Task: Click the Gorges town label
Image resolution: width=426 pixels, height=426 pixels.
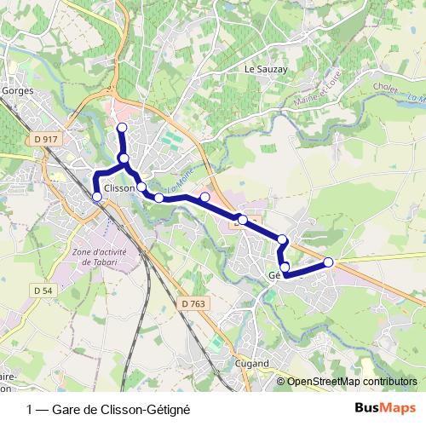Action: click(x=17, y=88)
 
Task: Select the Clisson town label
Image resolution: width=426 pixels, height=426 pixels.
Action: click(x=118, y=188)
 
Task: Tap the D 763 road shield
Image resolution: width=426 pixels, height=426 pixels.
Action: click(x=194, y=302)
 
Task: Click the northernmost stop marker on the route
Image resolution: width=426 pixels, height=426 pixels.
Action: click(x=122, y=128)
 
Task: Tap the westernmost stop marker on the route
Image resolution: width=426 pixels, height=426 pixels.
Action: click(x=96, y=197)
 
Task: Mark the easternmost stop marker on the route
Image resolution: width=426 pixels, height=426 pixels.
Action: click(x=329, y=262)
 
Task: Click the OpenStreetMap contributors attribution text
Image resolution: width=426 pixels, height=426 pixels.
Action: click(x=351, y=382)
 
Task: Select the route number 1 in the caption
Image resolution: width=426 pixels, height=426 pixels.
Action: click(x=31, y=409)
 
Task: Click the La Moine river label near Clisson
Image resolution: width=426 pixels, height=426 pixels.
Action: click(x=176, y=181)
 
